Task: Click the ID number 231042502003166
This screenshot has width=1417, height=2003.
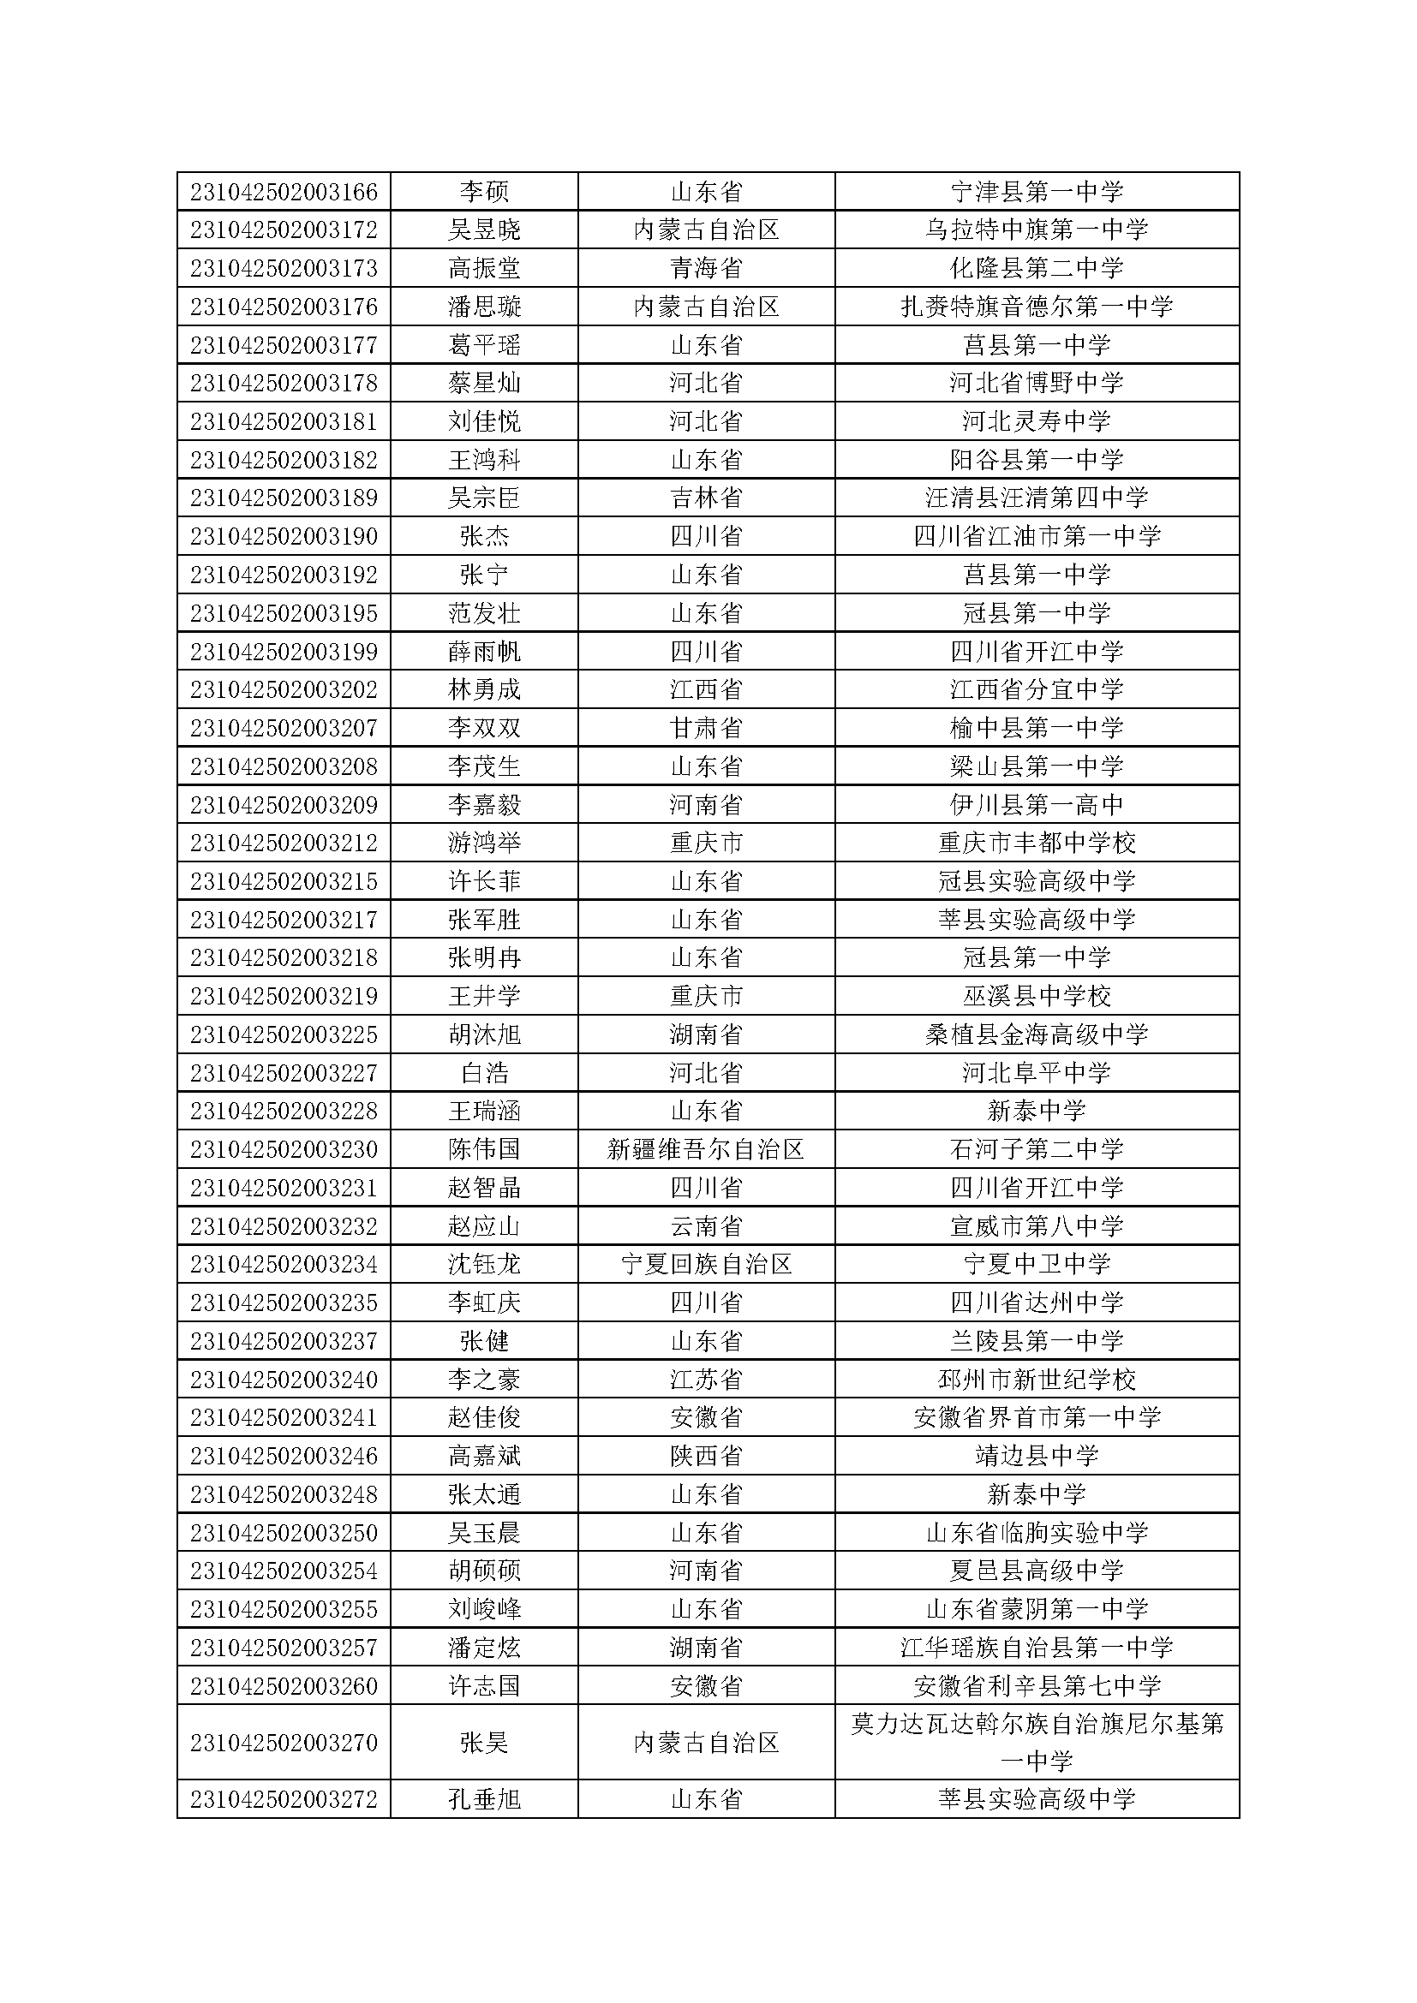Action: click(x=284, y=191)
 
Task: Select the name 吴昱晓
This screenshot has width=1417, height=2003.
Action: click(x=483, y=230)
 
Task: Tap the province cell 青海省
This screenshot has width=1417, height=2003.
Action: click(x=706, y=268)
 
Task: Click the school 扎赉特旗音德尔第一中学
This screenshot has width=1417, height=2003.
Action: click(x=1037, y=307)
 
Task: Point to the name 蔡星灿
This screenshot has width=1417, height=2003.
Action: click(x=483, y=383)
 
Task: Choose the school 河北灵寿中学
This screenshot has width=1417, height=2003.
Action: click(x=1037, y=421)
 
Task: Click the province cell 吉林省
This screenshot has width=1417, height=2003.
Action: click(x=706, y=498)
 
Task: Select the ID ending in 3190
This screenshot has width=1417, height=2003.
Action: click(x=284, y=535)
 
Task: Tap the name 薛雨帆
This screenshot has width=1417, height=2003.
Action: click(x=483, y=652)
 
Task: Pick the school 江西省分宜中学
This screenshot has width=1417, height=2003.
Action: click(x=1037, y=689)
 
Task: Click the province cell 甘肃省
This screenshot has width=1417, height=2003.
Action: click(x=706, y=728)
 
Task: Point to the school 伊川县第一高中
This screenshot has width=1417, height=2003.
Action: click(x=1037, y=804)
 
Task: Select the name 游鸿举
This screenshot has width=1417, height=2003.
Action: click(x=483, y=843)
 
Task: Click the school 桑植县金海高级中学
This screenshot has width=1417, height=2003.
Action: click(x=1037, y=1034)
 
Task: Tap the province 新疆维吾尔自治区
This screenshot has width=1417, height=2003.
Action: click(x=706, y=1149)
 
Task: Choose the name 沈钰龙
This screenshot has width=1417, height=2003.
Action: click(x=483, y=1264)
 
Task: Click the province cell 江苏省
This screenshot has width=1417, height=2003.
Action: click(x=706, y=1380)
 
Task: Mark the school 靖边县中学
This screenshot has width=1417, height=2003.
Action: click(x=1037, y=1456)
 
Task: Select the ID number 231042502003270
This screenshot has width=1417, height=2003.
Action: click(x=284, y=1743)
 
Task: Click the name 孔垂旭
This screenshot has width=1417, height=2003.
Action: click(x=483, y=1800)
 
